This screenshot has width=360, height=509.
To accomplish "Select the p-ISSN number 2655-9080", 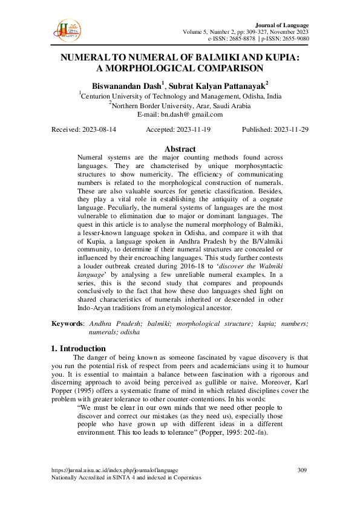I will pyautogui.click(x=293, y=38).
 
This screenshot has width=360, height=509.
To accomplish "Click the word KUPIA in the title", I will pyautogui.click(x=275, y=57).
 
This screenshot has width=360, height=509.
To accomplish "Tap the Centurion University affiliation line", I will pyautogui.click(x=180, y=96).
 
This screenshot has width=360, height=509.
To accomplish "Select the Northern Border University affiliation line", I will pyautogui.click(x=180, y=105).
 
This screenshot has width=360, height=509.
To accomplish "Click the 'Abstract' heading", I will pyautogui.click(x=180, y=149).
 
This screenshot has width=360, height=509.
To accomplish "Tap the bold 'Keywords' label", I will pyautogui.click(x=67, y=324).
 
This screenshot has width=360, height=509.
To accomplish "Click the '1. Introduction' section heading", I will pyautogui.click(x=79, y=348).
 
